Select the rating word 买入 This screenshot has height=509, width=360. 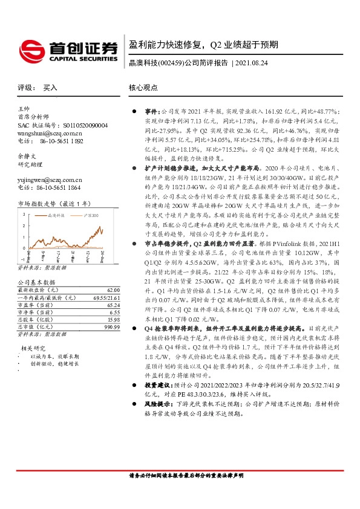coord(50,88)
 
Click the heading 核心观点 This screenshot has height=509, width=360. coord(143,88)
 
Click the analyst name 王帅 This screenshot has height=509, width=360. coord(24,108)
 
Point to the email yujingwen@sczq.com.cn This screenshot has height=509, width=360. coord(50,180)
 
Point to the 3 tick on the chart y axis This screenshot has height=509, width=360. coord(24,215)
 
